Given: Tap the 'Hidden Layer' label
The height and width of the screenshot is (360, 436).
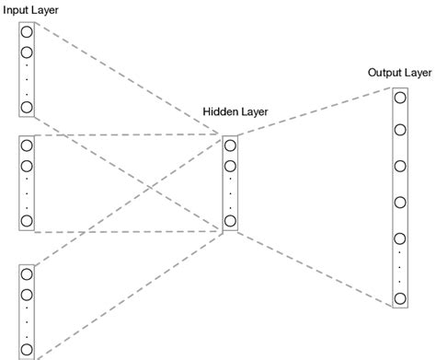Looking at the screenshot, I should pos(235,112).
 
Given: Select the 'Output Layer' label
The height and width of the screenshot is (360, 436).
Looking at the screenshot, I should pos(399,72).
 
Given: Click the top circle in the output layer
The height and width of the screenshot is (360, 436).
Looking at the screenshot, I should pos(399,98).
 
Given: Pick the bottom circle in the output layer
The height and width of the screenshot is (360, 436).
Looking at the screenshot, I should pos(399,297).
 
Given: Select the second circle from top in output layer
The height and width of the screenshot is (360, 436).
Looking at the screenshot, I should pos(399,131).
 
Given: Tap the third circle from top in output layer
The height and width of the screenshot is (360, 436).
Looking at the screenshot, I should pos(399,167).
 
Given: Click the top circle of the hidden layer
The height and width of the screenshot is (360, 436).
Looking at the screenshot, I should pos(230,144).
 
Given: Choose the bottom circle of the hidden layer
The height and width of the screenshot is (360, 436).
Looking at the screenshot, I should pos(230,220).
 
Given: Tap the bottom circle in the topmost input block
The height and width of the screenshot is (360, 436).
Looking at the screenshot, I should pos(26,108).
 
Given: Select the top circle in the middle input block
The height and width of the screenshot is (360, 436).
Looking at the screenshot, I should pos(26,144).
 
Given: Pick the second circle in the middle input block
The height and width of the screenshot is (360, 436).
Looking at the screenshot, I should pos(26,166).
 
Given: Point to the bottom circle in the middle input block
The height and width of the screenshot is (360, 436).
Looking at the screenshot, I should pos(26,221).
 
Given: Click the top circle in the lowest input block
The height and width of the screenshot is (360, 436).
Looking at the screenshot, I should pos(26,273).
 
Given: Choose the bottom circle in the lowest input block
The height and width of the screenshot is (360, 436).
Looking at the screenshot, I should pos(26,349).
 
